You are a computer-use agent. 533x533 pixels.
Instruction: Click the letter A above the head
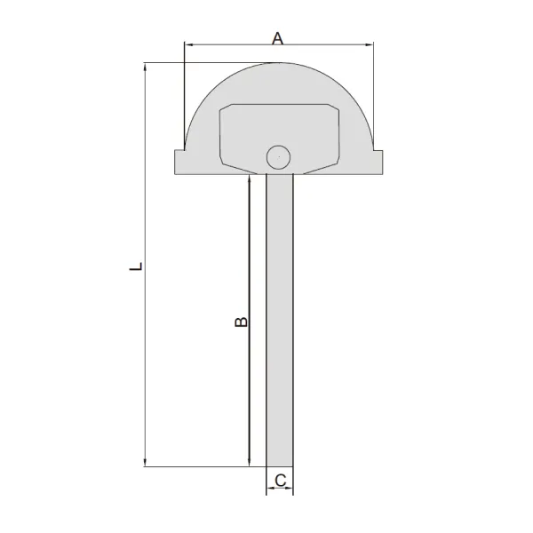click(x=277, y=37)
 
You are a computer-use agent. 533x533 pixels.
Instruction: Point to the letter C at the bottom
click(x=279, y=481)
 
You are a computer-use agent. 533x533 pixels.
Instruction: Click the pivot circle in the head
click(x=278, y=157)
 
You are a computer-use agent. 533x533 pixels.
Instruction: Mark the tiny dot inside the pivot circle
click(x=278, y=157)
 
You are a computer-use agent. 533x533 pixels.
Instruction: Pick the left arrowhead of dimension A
click(x=187, y=44)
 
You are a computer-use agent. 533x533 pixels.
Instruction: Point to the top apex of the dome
click(x=278, y=63)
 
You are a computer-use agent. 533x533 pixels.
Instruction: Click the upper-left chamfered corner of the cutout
click(x=223, y=108)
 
